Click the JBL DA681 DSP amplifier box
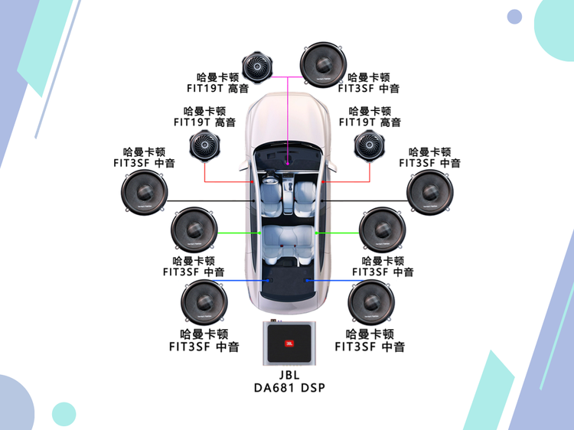[289, 344]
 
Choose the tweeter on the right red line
[370, 146]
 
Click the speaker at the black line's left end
[144, 193]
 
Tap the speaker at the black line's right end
[430, 192]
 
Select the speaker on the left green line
[192, 230]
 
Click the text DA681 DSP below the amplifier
[289, 388]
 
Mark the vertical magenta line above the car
[289, 115]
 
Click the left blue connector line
[245, 281]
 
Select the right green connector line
[337, 233]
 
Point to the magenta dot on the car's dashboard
[289, 163]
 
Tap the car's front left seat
[271, 189]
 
